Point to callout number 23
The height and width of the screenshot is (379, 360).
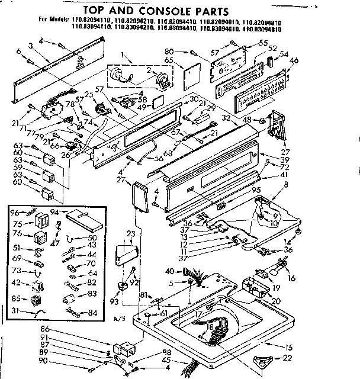131,233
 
